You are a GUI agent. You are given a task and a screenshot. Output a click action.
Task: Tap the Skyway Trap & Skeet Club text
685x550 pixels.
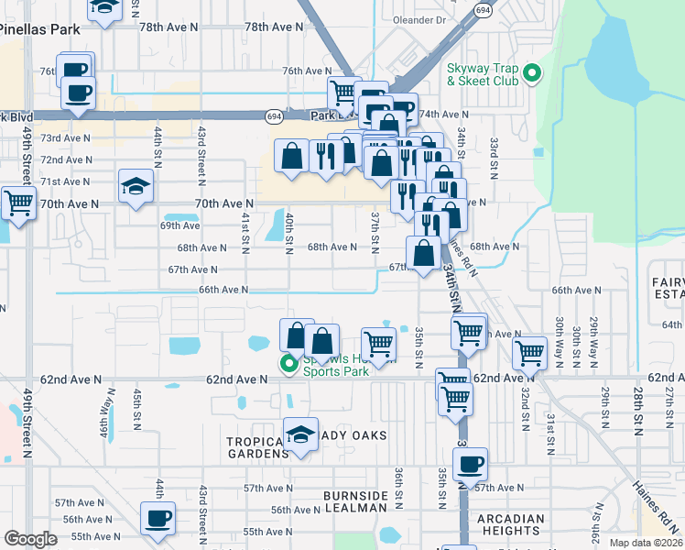482,74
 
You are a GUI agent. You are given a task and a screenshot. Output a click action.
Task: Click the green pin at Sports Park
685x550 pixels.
289,364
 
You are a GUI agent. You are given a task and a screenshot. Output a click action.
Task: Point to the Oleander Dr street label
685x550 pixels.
418,18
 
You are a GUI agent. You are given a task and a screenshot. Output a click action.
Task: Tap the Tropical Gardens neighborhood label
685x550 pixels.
256,447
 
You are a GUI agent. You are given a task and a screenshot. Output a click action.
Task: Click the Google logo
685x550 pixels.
30,539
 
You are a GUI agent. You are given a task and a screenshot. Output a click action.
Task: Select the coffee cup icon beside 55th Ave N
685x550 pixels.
158,518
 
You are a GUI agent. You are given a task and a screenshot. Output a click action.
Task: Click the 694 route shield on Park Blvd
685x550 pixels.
274,115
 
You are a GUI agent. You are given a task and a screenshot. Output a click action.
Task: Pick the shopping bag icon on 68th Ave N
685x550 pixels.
423,252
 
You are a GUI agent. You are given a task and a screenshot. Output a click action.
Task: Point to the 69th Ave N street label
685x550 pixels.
179,225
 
